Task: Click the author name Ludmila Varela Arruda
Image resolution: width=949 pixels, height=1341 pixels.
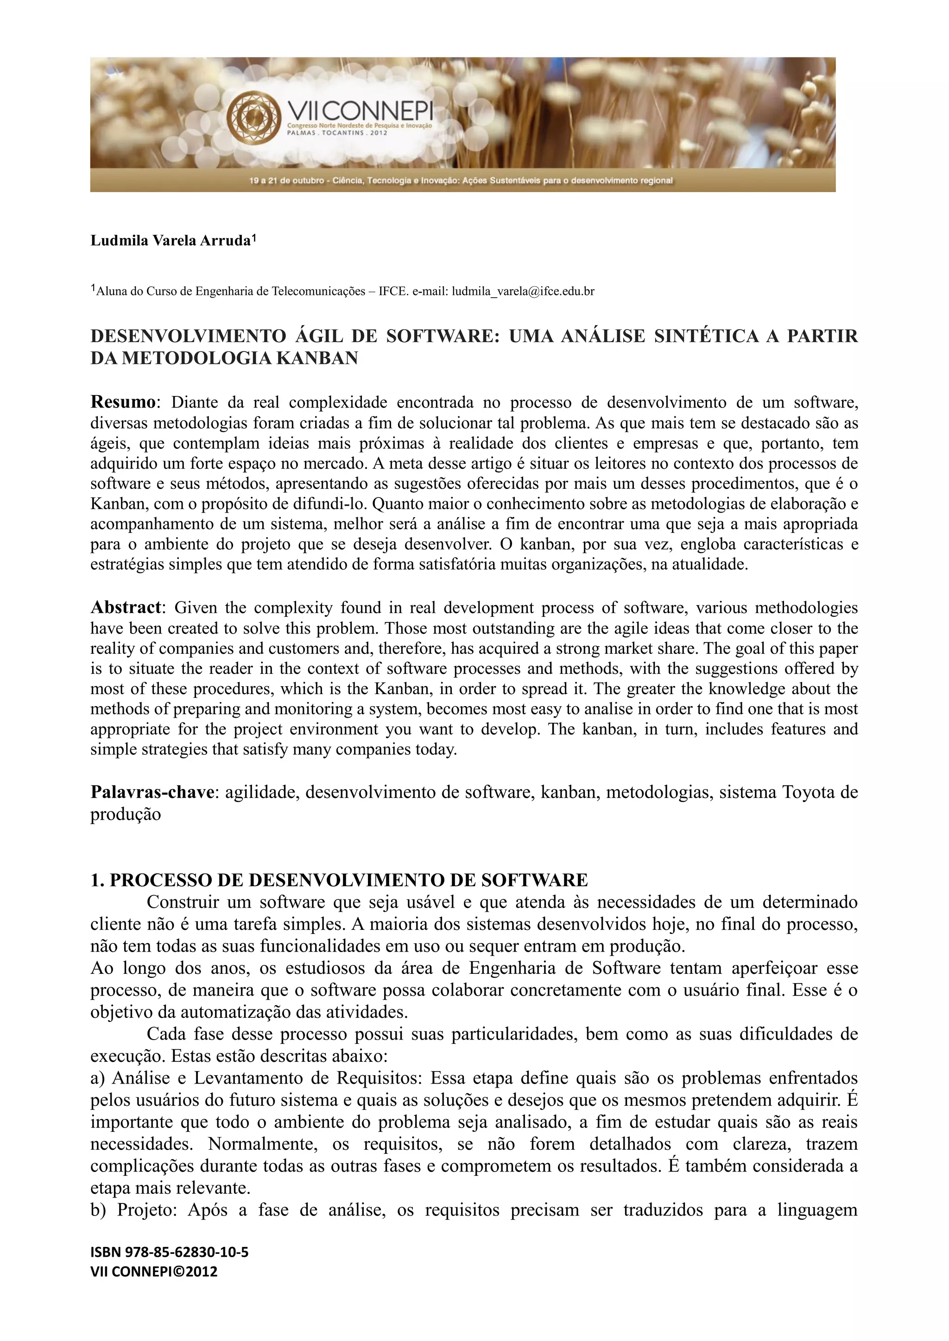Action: [170, 241]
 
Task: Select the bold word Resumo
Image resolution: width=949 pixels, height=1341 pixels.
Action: [123, 402]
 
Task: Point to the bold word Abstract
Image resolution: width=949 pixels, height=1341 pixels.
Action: [125, 608]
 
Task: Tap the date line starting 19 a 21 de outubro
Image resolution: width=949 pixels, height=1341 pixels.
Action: [462, 181]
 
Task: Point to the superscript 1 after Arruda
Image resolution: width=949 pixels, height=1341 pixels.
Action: [253, 238]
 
